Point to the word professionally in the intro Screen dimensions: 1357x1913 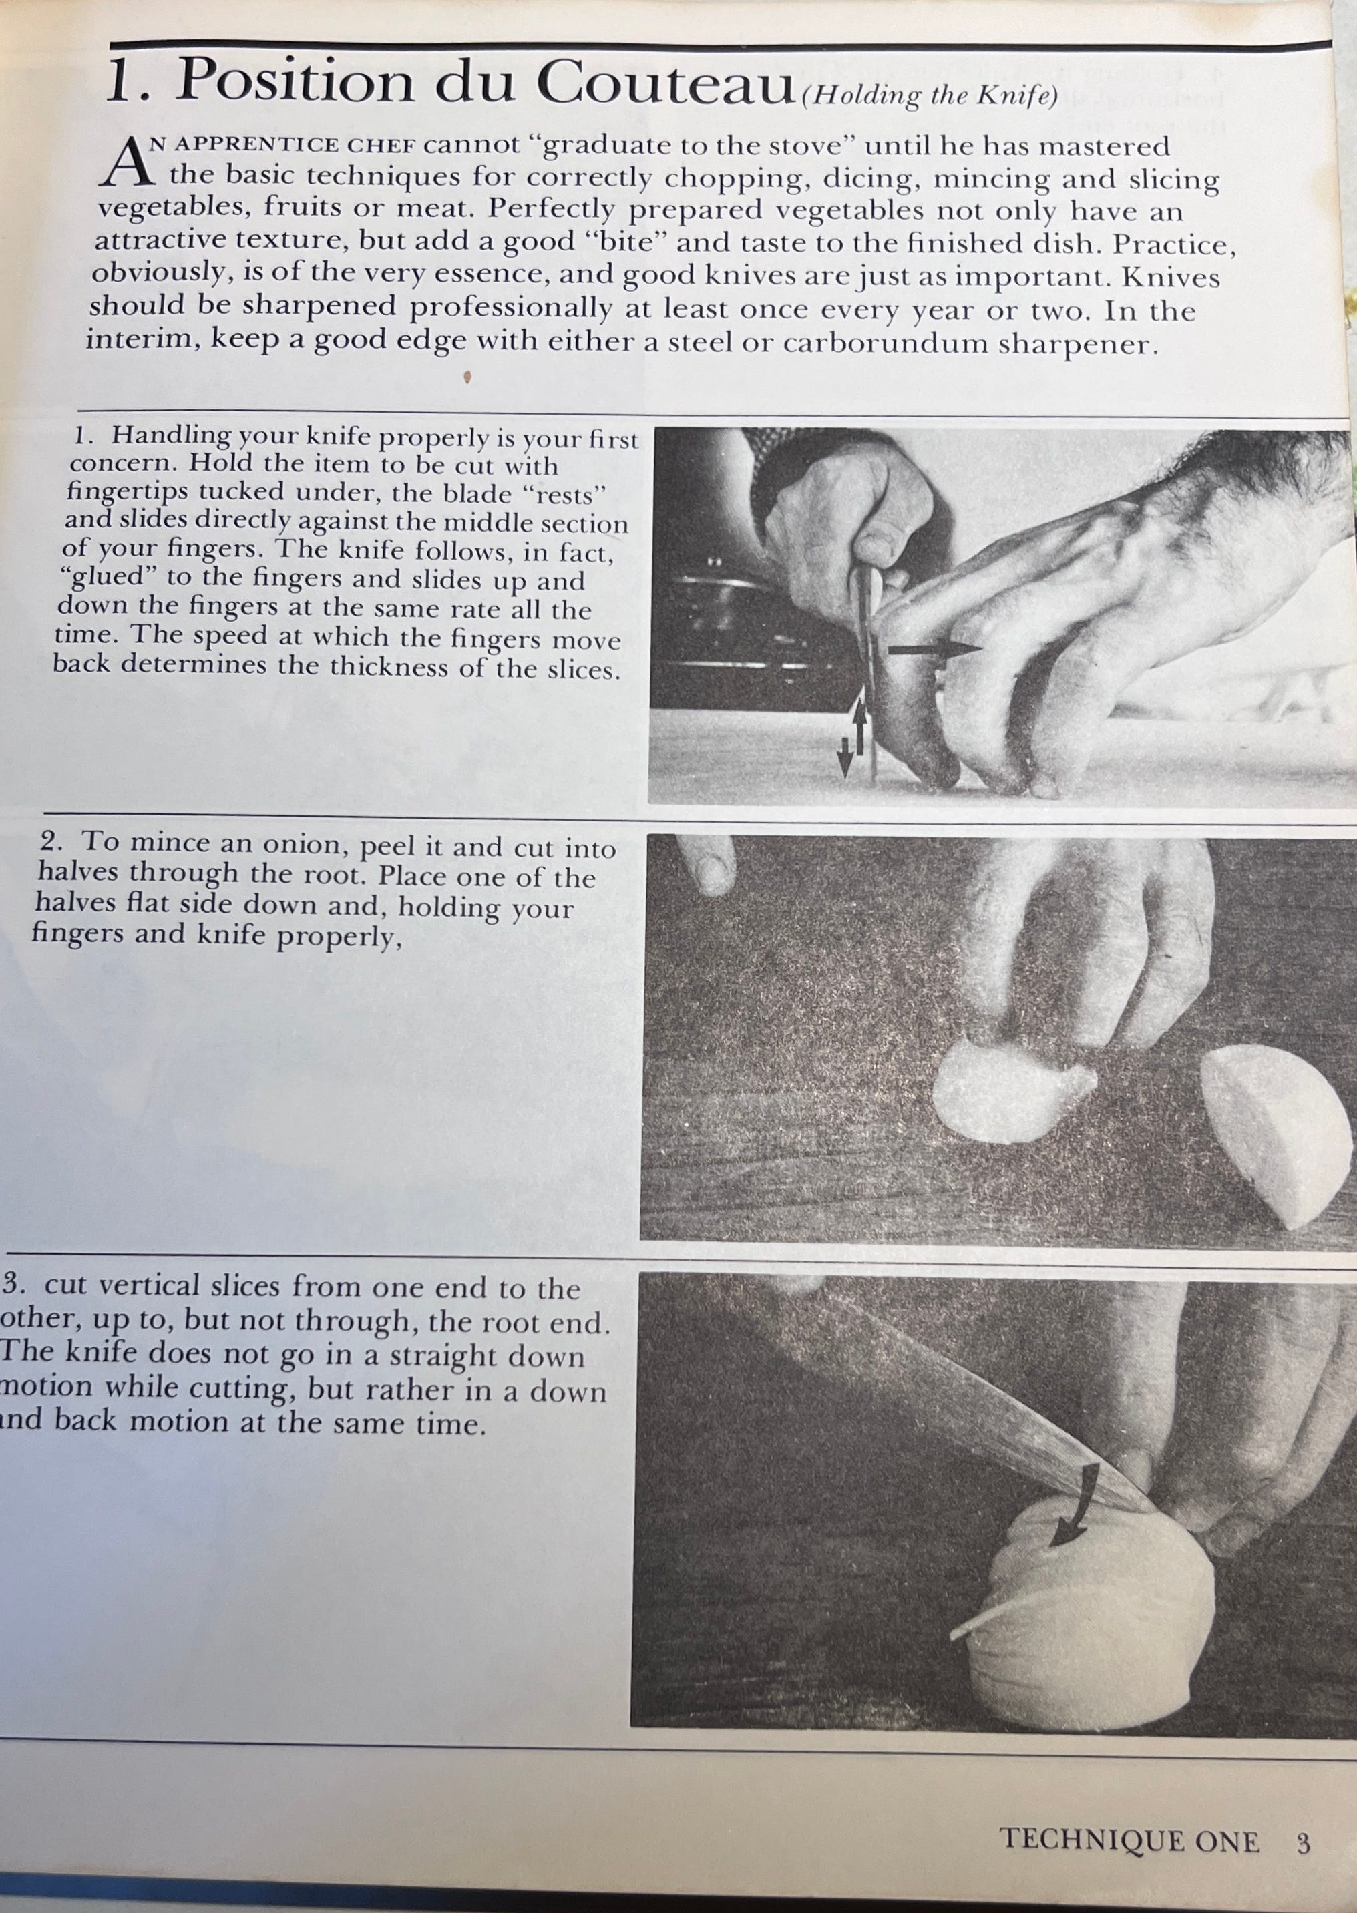pos(511,309)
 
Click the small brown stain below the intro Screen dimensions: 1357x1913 pos(468,377)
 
